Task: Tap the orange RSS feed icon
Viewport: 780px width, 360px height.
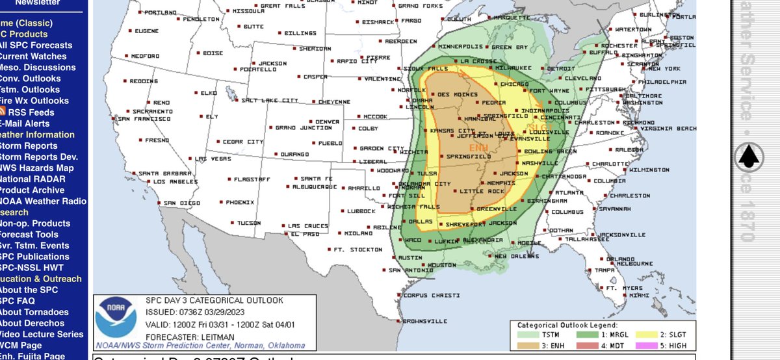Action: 3,112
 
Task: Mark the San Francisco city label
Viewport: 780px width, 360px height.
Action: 144,119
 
